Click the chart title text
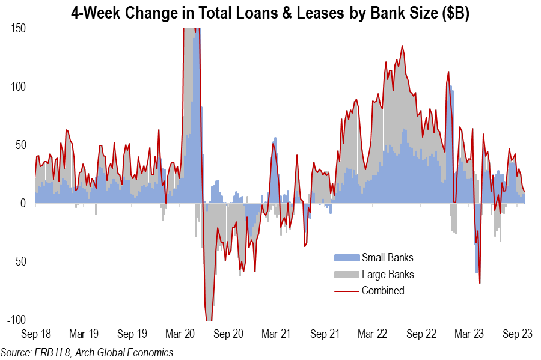click(270, 12)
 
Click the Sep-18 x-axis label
click(35, 334)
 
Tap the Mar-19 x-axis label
click(84, 334)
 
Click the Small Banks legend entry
click(387, 258)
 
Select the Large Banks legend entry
click(387, 275)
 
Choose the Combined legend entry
click(383, 291)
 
